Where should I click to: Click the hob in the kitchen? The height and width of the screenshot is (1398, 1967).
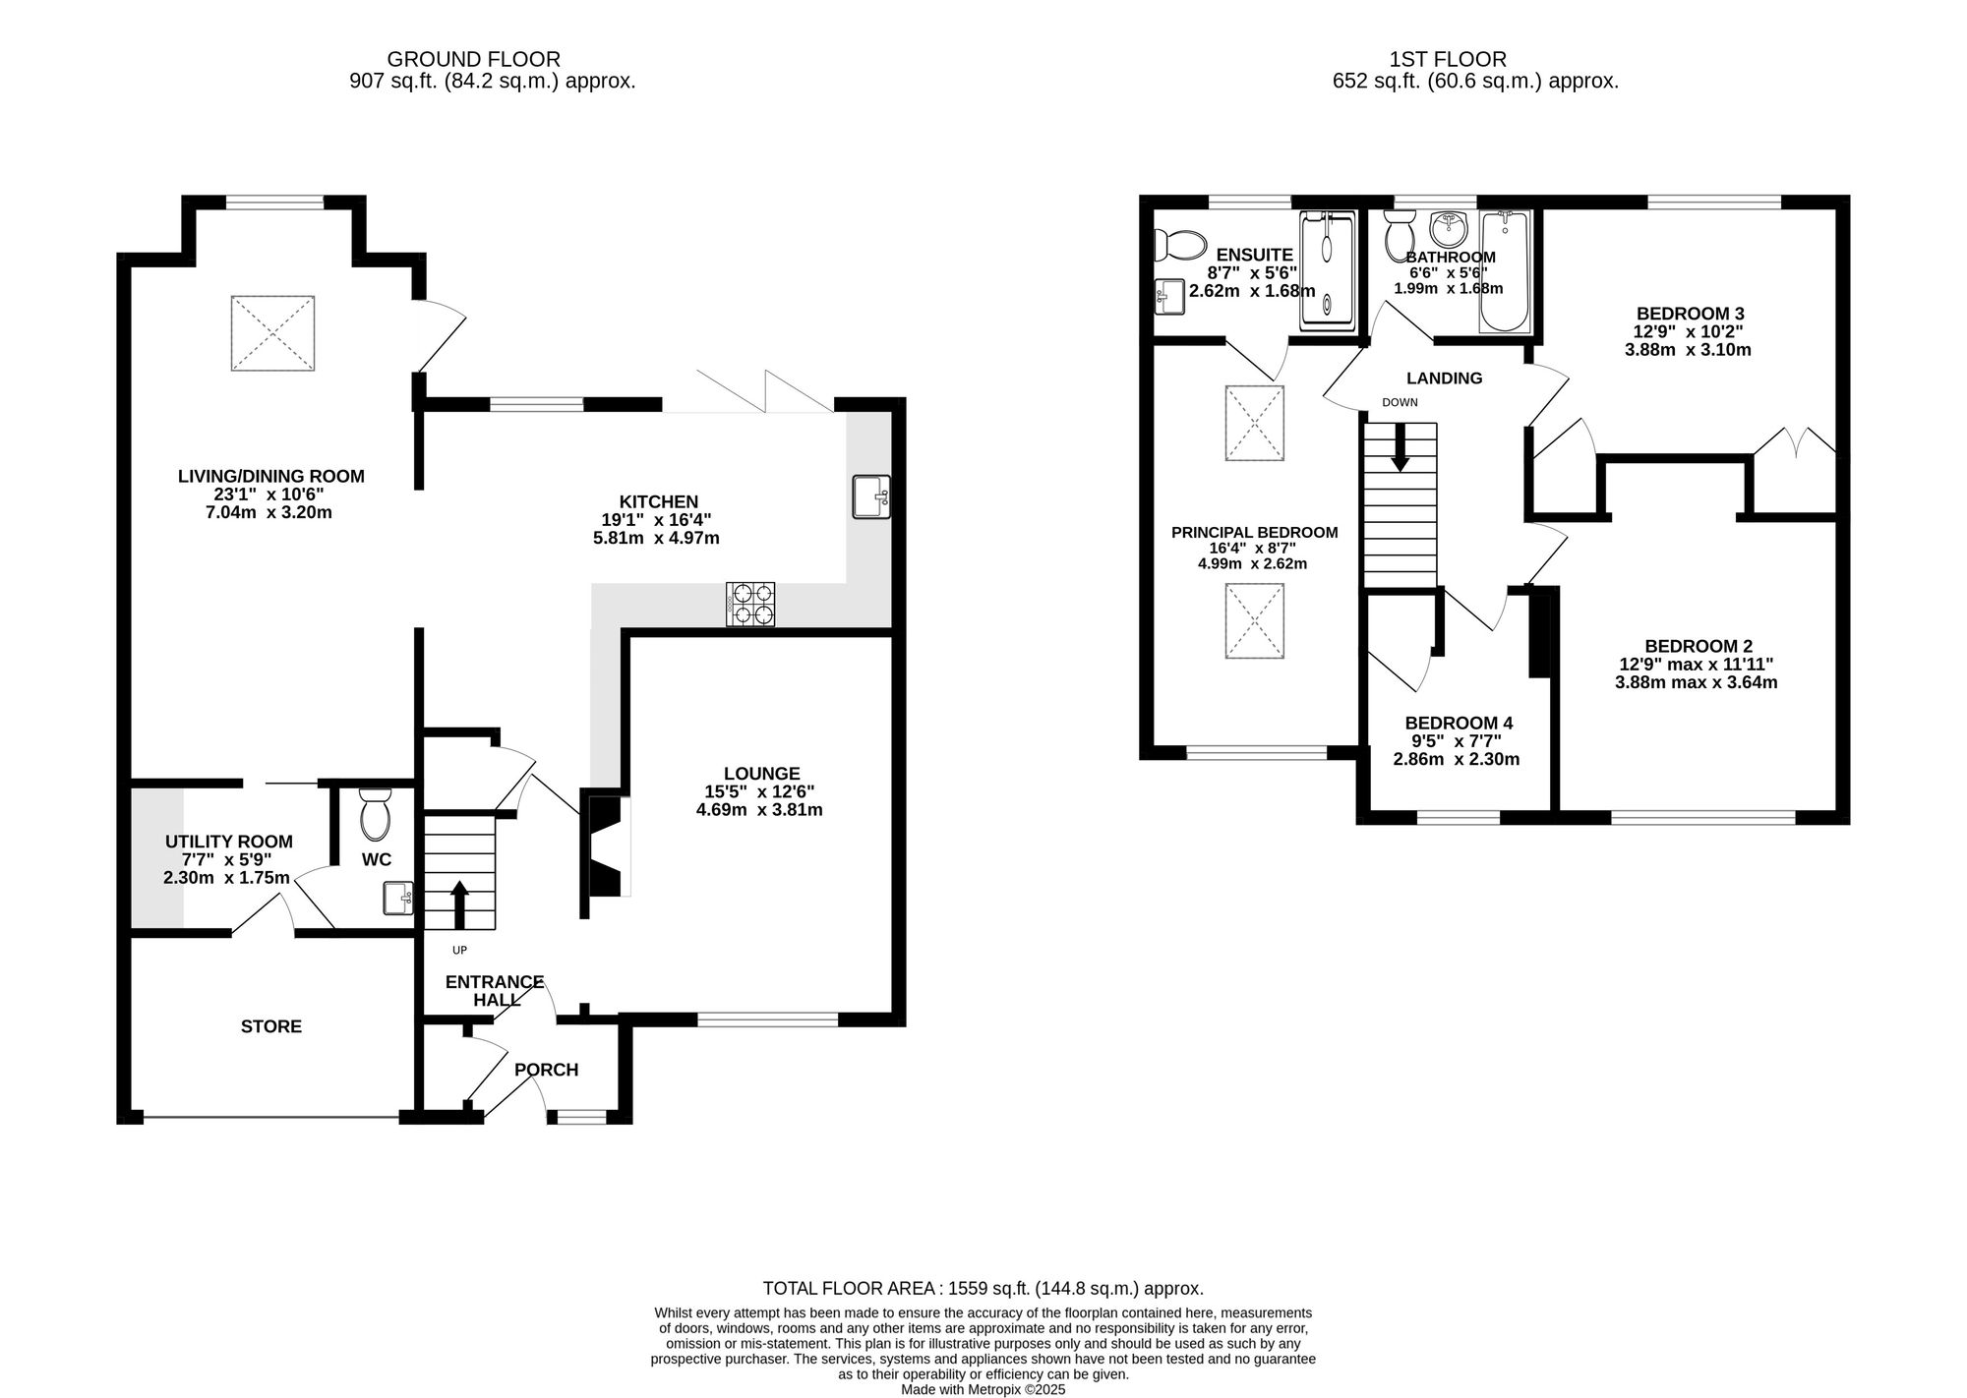(x=750, y=605)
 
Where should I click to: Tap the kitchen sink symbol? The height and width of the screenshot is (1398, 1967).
(x=871, y=496)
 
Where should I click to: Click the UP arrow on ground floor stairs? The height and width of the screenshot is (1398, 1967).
(x=458, y=903)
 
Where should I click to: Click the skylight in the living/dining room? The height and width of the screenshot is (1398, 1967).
(x=272, y=333)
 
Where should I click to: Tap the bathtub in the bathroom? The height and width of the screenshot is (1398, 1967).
(x=1505, y=272)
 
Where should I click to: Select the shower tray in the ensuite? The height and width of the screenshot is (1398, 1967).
(x=1327, y=269)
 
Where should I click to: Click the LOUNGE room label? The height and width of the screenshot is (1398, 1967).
(x=761, y=774)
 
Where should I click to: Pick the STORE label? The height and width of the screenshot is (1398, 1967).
(x=271, y=1026)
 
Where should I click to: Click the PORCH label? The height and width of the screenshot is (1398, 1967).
(x=546, y=1070)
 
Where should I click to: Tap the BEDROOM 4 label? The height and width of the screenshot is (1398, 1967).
(x=1459, y=724)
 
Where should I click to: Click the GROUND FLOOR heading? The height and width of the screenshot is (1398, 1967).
(x=473, y=59)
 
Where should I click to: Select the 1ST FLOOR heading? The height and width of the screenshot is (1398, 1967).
(x=1448, y=59)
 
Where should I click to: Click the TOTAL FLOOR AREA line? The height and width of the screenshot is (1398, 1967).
(x=983, y=1288)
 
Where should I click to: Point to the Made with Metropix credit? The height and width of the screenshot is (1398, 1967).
(x=983, y=1390)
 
